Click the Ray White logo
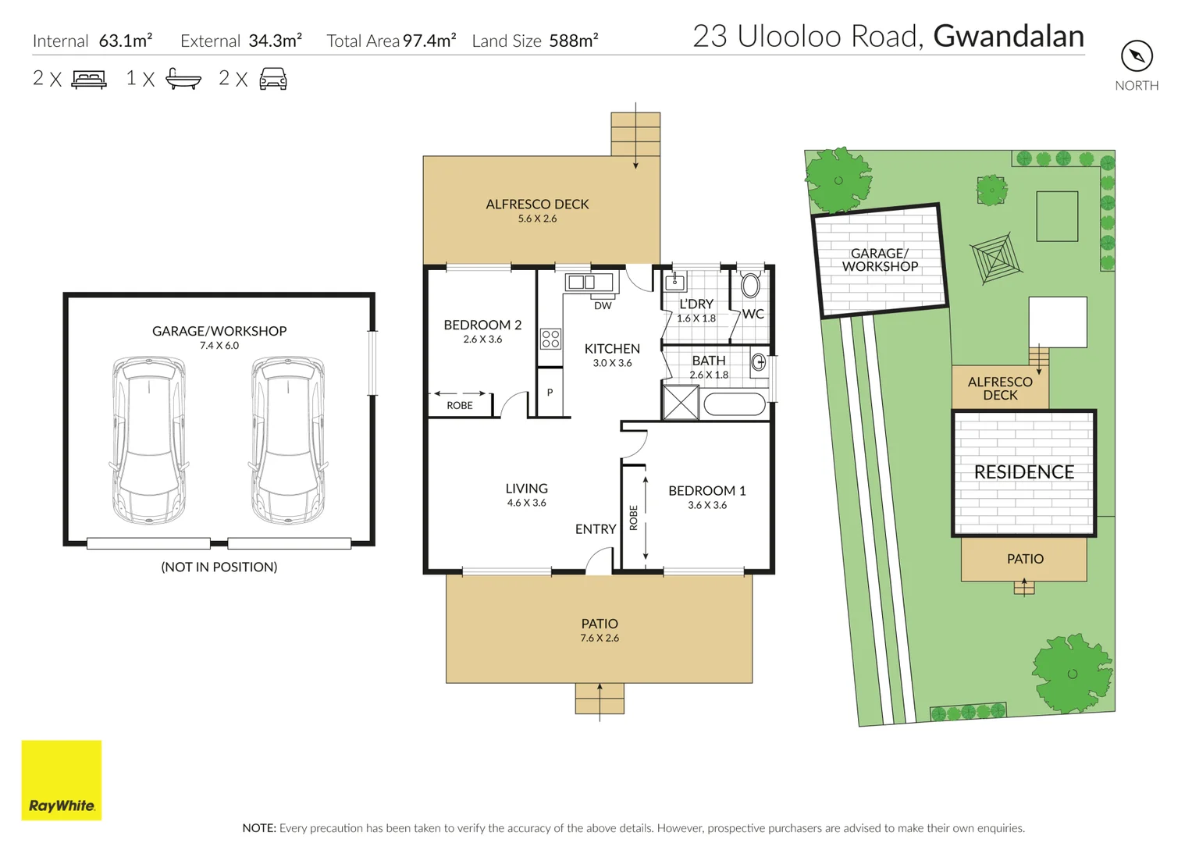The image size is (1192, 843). pos(61,780)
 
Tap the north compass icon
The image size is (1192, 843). pos(1137,56)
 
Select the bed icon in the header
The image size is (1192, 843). pos(89,79)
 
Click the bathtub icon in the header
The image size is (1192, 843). pos(183,79)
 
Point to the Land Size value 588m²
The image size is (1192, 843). pos(573,41)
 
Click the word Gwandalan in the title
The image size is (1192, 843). pos(1009,37)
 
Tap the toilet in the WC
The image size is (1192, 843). pos(750,285)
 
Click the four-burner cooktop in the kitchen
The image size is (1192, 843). pos(550,338)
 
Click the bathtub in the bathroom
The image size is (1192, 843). pos(735,404)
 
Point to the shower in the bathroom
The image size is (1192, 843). pos(680,403)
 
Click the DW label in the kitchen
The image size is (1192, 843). pos(603,306)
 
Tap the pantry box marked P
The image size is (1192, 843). pos(550,392)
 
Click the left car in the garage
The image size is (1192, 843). pos(148,439)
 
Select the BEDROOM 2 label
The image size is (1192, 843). pos(482,325)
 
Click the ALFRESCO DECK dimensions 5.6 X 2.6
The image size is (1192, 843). pos(537,219)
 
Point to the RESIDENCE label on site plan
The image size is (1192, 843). pos(1023,472)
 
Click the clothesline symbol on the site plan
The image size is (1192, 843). pos(995,258)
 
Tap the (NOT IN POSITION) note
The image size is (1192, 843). pos(219,567)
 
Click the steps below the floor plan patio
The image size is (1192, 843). pos(600,698)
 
